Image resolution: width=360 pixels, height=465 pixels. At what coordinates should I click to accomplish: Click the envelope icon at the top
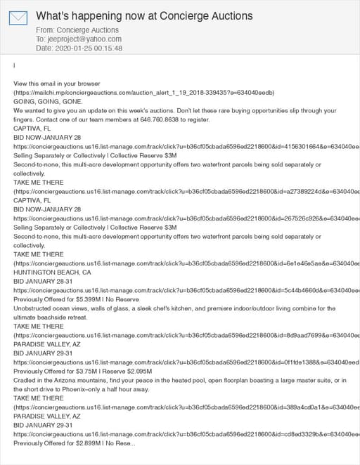click(x=19, y=19)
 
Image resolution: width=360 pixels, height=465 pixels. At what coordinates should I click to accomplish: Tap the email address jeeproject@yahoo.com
click(x=75, y=39)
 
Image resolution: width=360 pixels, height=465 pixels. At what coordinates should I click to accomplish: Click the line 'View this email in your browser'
click(x=63, y=84)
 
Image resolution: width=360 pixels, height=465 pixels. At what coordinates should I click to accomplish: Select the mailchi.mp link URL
click(x=143, y=93)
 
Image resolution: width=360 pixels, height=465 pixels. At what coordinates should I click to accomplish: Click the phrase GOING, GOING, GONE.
click(x=48, y=102)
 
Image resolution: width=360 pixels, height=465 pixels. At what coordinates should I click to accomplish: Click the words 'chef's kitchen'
click(x=185, y=308)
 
